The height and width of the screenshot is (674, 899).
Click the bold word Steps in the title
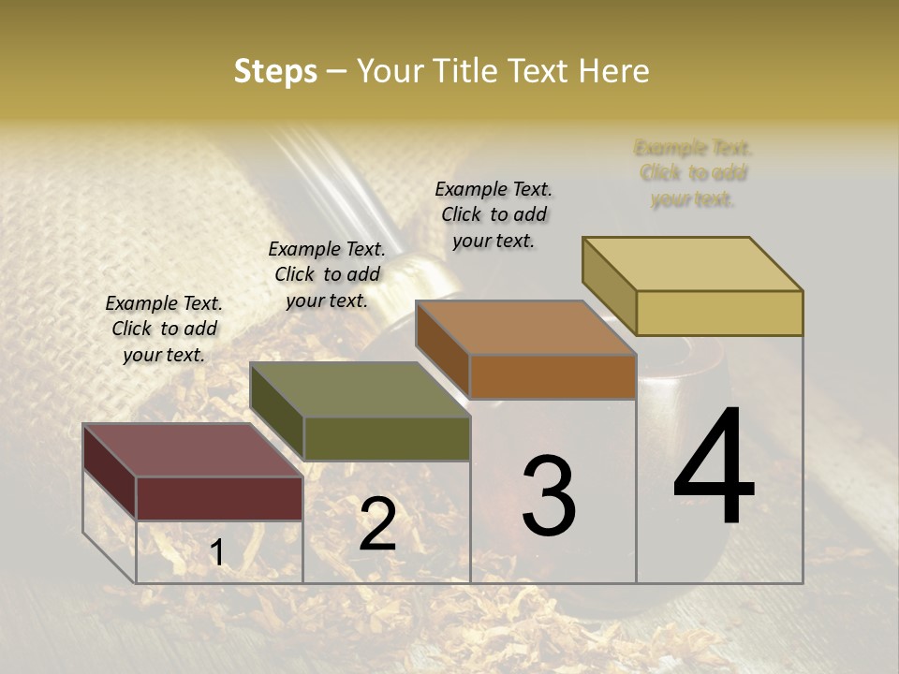pyautogui.click(x=275, y=71)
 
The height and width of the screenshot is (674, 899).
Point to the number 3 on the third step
pyautogui.click(x=549, y=495)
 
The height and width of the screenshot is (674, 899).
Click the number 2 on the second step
pyautogui.click(x=377, y=524)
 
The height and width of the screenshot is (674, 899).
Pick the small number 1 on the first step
pyautogui.click(x=217, y=553)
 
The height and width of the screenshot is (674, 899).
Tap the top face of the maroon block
pyautogui.click(x=192, y=450)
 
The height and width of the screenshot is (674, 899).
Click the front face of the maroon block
pyautogui.click(x=219, y=498)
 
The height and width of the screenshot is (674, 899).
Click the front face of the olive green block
pyautogui.click(x=387, y=438)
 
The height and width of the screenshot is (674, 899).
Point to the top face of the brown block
pyautogui.click(x=525, y=328)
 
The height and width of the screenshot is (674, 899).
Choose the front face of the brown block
pyautogui.click(x=553, y=376)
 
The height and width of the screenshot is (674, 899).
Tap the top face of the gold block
pyautogui.click(x=692, y=264)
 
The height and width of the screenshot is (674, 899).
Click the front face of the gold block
pyautogui.click(x=719, y=313)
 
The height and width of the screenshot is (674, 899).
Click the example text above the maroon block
pyautogui.click(x=164, y=329)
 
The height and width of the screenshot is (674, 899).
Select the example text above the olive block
pyautogui.click(x=327, y=274)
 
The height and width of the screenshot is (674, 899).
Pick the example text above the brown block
pyautogui.click(x=494, y=214)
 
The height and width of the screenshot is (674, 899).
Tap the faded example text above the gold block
pyautogui.click(x=693, y=173)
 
